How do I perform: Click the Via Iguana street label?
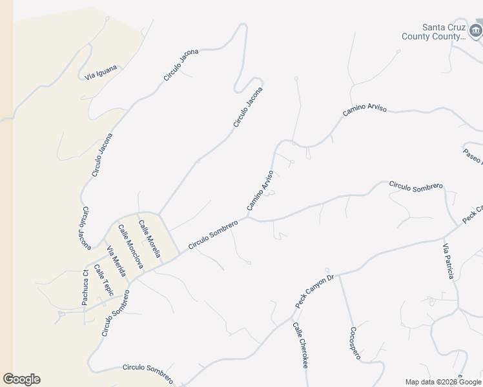101,72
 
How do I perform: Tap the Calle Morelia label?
149,239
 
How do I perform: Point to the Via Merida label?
116,262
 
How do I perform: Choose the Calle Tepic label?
103,281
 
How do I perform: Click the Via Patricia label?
449,261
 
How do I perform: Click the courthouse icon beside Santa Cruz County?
477,29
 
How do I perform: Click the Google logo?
21,379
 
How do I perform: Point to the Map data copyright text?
443,382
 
